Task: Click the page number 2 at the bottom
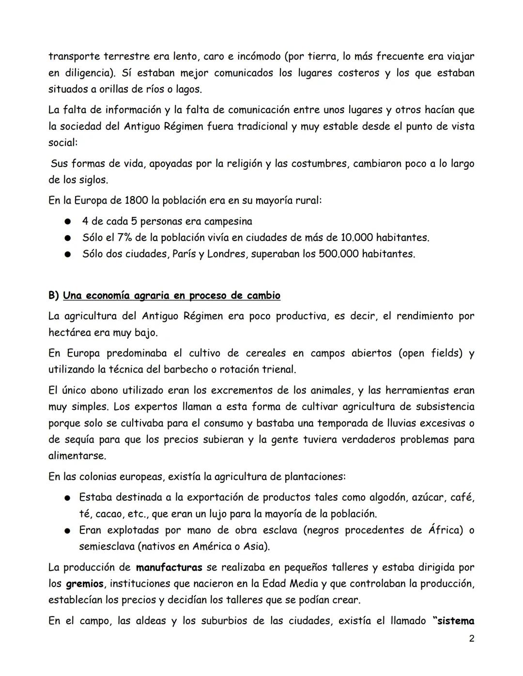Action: click(x=471, y=639)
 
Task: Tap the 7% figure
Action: click(x=125, y=238)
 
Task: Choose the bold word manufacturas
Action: click(x=169, y=567)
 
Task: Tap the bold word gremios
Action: click(x=84, y=584)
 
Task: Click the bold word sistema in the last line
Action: click(x=455, y=621)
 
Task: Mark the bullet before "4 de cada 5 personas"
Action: click(x=69, y=222)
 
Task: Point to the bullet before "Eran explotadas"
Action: click(x=69, y=531)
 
